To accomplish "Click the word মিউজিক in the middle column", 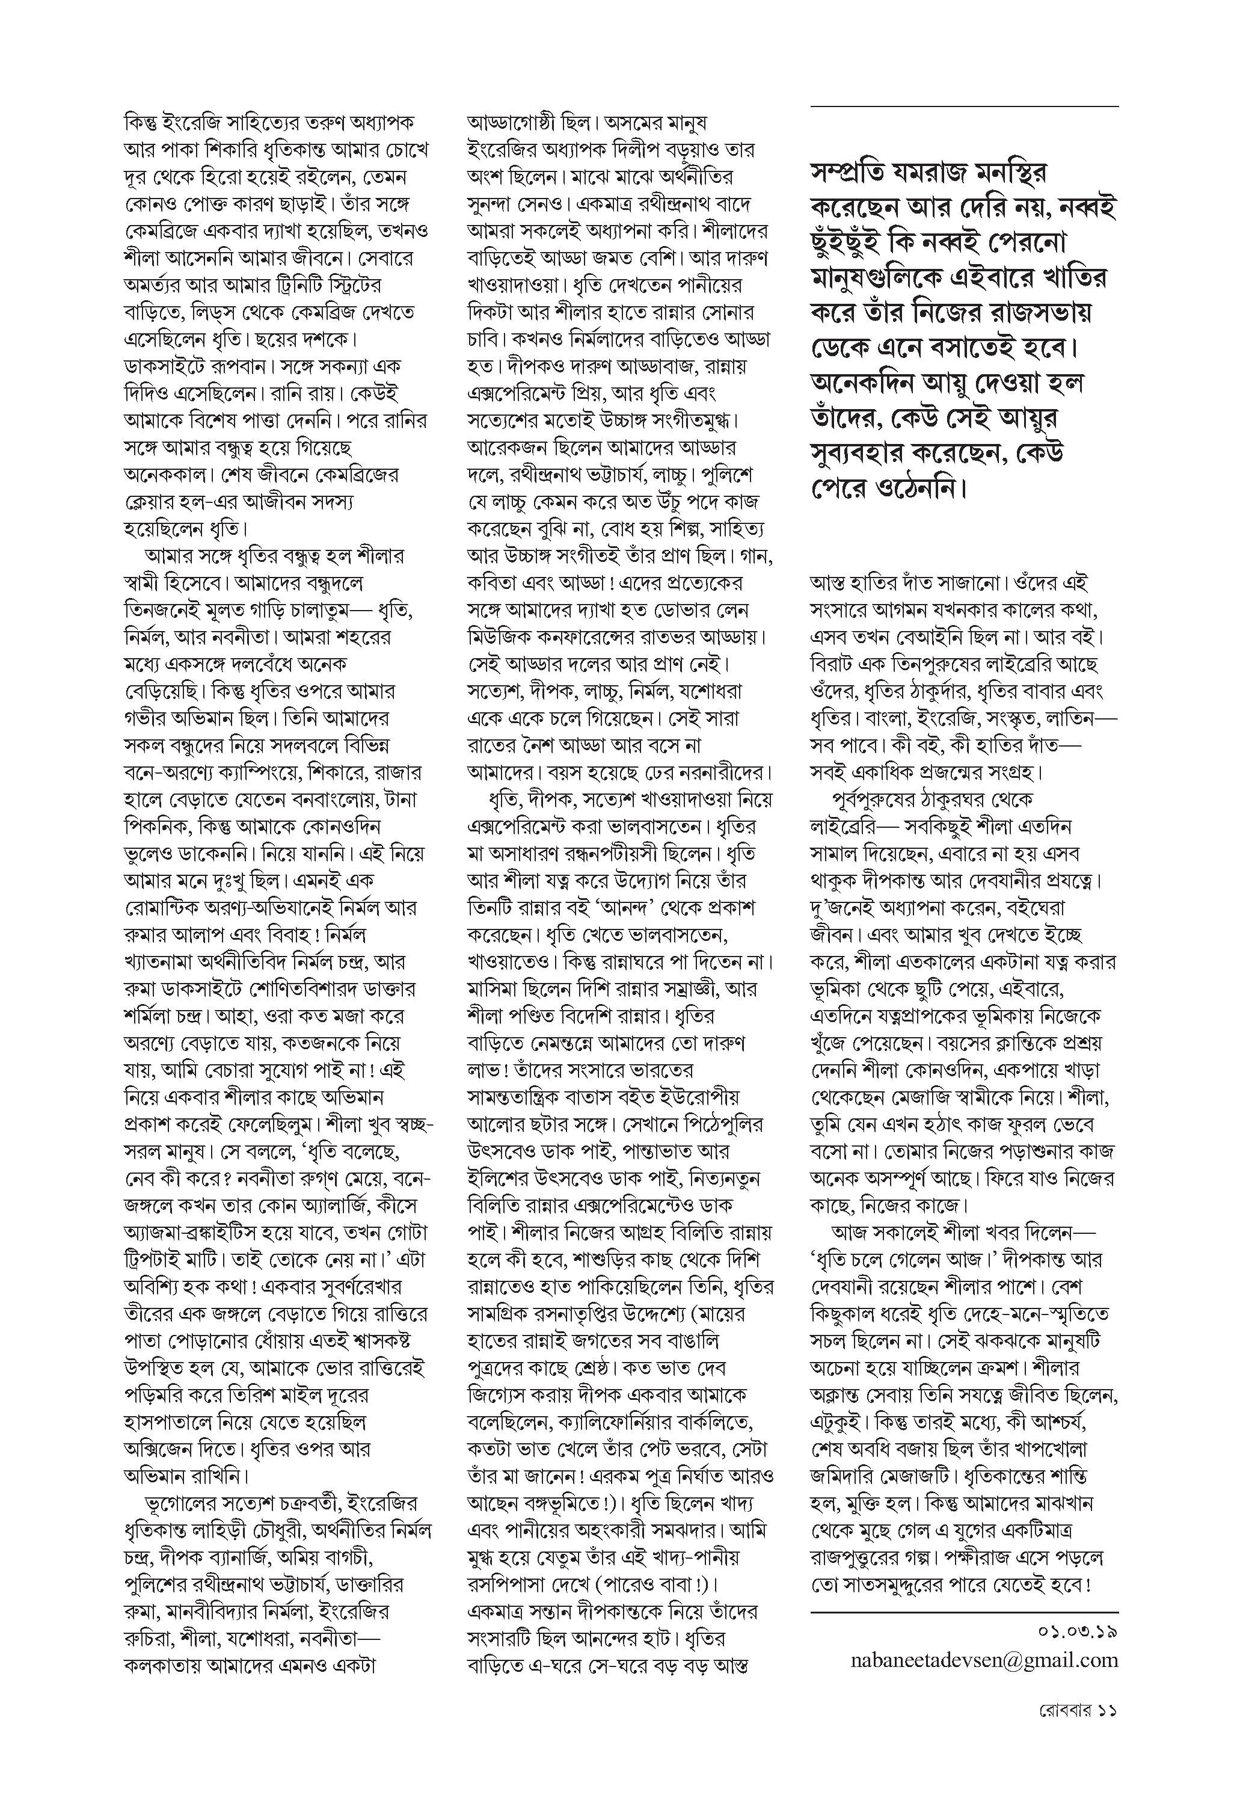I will pyautogui.click(x=503, y=637).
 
